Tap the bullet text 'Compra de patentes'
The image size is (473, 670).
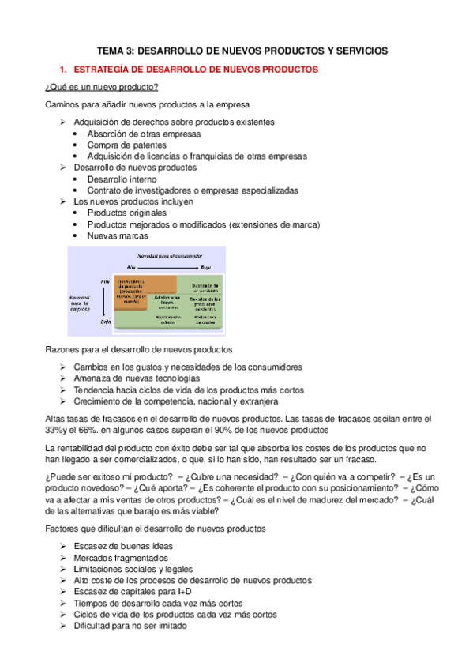pos(126,145)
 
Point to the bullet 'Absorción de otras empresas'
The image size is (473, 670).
pos(144,134)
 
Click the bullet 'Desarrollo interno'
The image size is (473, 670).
pos(122,179)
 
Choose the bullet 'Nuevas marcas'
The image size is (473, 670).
pos(117,236)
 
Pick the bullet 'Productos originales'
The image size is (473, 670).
pos(127,213)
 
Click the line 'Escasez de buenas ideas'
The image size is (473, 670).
pos(123,546)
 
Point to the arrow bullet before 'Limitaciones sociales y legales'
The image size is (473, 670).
pos(63,569)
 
